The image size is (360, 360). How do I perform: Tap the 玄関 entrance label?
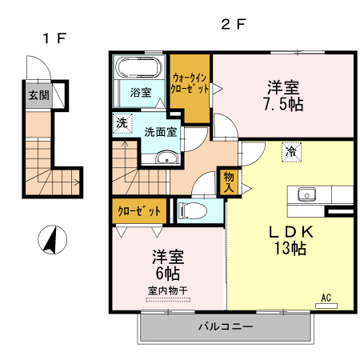[38, 95]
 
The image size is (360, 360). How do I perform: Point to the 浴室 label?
[141, 93]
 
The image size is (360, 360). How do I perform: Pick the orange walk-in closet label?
[190, 83]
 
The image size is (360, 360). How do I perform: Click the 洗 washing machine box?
[122, 124]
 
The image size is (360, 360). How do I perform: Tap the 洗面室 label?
[161, 132]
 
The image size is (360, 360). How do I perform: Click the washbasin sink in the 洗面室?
[165, 157]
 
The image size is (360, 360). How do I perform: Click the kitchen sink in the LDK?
[308, 194]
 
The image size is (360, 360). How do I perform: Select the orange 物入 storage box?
[228, 182]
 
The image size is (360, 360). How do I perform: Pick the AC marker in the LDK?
[326, 298]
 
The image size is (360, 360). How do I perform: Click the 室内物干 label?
[168, 291]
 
